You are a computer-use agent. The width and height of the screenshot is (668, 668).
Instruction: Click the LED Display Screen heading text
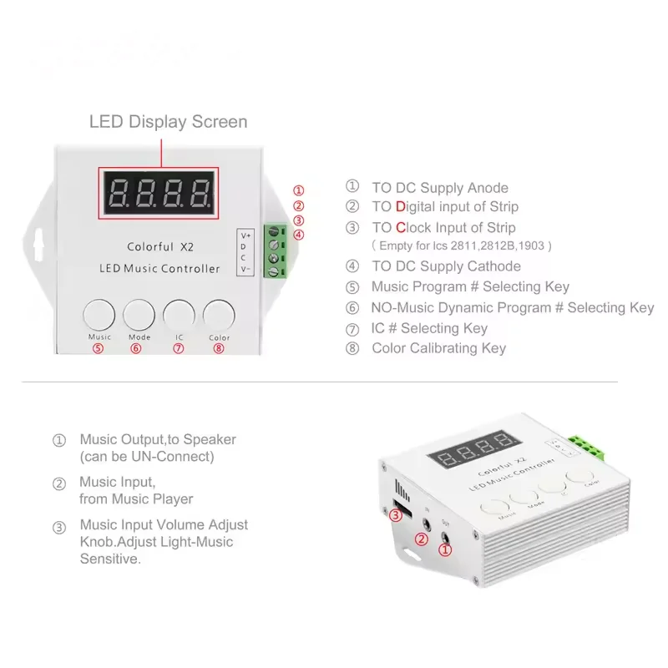point(168,122)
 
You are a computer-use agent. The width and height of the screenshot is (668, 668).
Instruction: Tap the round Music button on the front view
point(99,316)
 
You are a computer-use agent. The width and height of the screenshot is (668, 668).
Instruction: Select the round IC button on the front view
point(180,316)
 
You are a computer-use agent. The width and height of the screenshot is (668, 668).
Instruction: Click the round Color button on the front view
point(220,316)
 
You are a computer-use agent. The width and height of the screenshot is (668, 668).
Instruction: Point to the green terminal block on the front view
point(275,250)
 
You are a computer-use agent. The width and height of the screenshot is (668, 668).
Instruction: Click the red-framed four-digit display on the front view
point(159,193)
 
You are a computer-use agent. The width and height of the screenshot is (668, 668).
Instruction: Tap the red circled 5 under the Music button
point(99,349)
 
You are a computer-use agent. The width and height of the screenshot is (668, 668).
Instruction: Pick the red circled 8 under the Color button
point(219,349)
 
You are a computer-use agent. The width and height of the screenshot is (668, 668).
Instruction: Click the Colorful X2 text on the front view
point(162,247)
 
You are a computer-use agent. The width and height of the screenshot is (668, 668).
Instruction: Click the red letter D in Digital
point(400,207)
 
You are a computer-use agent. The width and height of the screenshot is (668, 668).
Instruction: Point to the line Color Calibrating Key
point(438,348)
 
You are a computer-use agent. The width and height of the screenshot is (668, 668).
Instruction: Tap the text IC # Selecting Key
point(429,328)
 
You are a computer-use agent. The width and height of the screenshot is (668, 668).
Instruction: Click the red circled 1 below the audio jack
point(445,549)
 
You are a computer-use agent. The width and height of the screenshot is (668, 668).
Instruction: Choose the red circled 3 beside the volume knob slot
point(394,516)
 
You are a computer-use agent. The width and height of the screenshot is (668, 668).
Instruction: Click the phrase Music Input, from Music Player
point(135,490)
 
